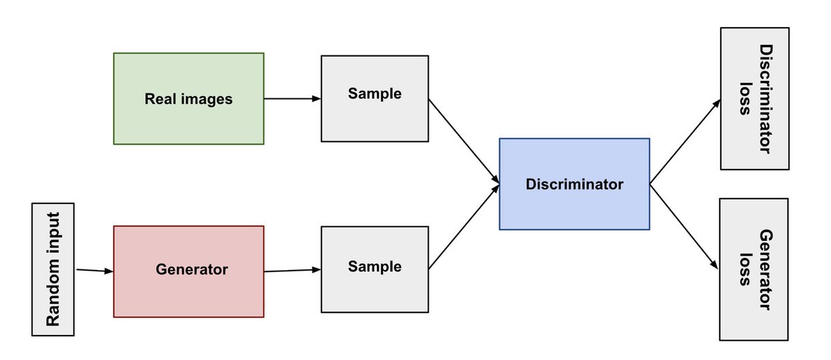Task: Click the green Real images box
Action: click(x=189, y=98)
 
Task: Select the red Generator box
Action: click(x=189, y=271)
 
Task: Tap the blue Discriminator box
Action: click(x=574, y=184)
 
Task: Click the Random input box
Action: click(x=53, y=269)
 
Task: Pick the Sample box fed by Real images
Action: click(x=375, y=98)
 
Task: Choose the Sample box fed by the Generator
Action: click(x=375, y=269)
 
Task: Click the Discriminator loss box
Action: click(x=755, y=98)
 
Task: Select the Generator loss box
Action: click(x=754, y=269)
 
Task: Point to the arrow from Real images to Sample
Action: click(x=293, y=98)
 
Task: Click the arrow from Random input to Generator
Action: click(x=94, y=271)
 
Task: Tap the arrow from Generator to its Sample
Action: click(x=293, y=271)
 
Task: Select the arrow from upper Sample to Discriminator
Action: click(x=464, y=141)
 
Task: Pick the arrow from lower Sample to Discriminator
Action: click(x=464, y=227)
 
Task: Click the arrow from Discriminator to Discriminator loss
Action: click(x=685, y=142)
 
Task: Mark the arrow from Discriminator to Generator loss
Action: click(x=684, y=226)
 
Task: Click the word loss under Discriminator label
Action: click(x=745, y=98)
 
